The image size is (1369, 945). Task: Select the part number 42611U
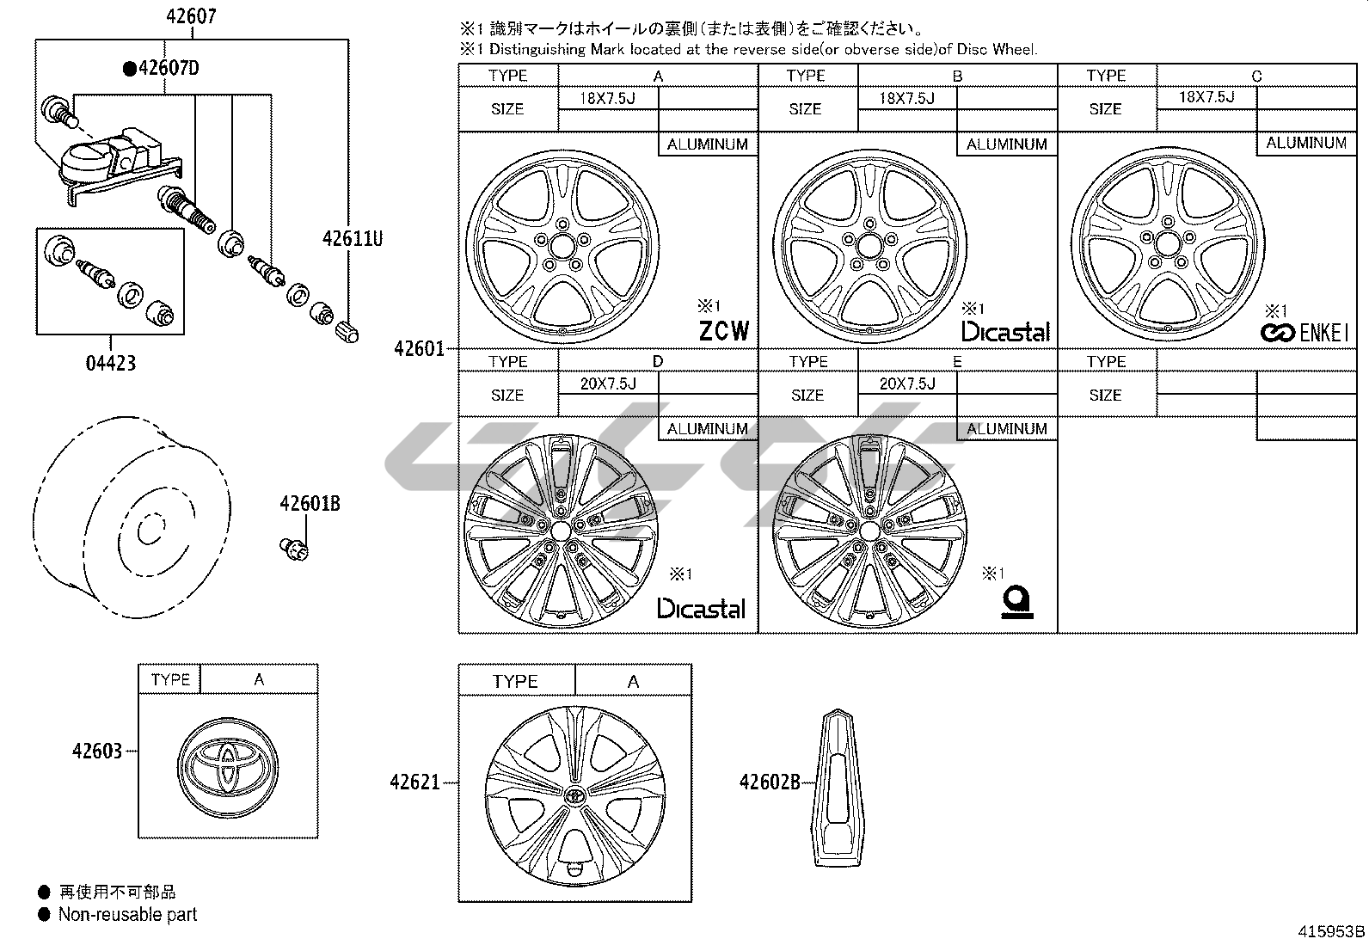click(353, 238)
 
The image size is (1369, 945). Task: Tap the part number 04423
click(111, 363)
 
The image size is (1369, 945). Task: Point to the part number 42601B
click(309, 504)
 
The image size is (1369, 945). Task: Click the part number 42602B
click(770, 782)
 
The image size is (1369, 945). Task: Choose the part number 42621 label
click(414, 782)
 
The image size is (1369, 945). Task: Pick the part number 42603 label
click(97, 751)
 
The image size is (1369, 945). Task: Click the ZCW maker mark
click(723, 331)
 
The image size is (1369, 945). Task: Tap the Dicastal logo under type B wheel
click(1005, 332)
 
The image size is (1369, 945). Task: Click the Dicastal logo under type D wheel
click(701, 609)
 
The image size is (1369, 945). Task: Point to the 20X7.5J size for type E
click(906, 384)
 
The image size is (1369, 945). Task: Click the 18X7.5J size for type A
click(607, 98)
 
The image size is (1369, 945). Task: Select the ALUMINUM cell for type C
click(1305, 144)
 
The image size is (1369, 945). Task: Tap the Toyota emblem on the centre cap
click(226, 761)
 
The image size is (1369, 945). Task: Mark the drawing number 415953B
click(1331, 931)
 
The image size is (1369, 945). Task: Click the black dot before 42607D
click(129, 69)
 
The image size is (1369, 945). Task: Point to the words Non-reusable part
click(127, 915)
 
